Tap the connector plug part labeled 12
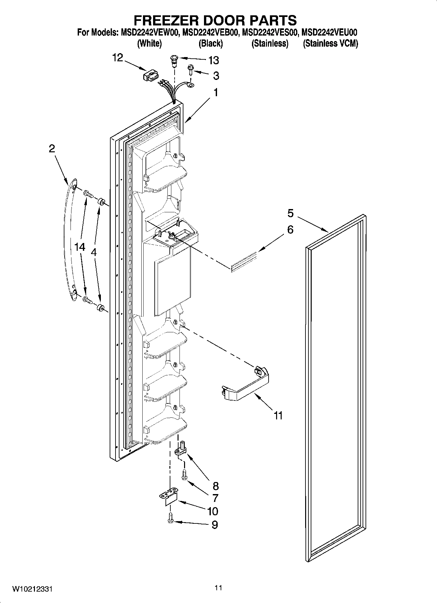pos(151,76)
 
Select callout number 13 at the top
pos(214,60)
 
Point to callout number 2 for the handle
pos(52,149)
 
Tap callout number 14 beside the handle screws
pos(80,247)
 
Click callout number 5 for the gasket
pos(290,214)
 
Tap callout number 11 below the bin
pos(278,416)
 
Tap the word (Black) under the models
pos(211,43)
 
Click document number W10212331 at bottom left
pos(32,589)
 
